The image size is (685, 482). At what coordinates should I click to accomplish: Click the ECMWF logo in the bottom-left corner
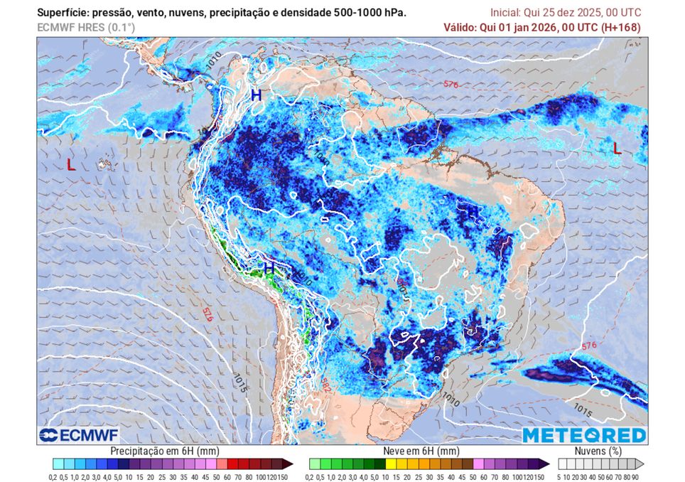coord(79,435)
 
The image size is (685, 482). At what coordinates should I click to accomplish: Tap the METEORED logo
coord(584,435)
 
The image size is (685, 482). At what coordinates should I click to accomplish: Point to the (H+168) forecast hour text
coord(620,27)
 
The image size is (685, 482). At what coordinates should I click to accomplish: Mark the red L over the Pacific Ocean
coord(70,165)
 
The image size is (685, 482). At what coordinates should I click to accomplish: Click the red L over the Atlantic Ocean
coord(617,149)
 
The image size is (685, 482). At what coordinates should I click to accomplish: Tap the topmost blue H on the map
coord(256,95)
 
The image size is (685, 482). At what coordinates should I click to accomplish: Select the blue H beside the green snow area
coord(269,268)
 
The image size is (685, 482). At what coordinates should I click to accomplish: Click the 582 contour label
coord(325,385)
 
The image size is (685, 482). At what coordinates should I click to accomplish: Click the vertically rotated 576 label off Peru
coord(207,314)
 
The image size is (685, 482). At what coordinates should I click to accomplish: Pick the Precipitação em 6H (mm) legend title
coord(164,451)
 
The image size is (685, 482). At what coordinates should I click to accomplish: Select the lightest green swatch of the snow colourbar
coord(314,464)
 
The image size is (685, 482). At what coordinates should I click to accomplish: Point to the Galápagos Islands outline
coord(105,166)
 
